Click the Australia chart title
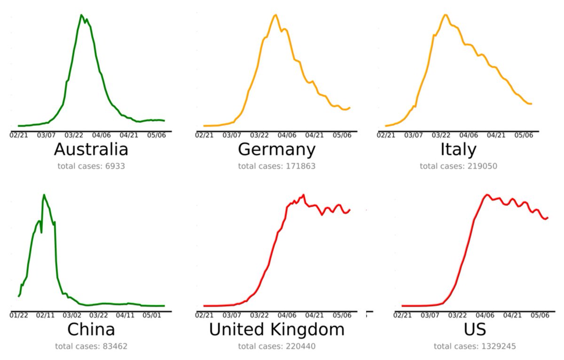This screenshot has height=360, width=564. click(91, 149)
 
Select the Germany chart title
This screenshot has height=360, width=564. click(276, 149)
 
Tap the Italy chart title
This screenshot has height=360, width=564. click(458, 149)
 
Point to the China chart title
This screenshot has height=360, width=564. click(91, 329)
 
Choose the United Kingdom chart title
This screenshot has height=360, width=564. click(276, 329)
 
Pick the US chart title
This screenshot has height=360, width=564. click(475, 329)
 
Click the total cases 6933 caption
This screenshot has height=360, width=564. click(91, 166)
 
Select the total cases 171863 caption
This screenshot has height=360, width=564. click(276, 166)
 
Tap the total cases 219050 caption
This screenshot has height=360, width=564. click(458, 166)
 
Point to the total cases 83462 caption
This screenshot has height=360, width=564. click(91, 346)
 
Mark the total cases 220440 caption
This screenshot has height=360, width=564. click(276, 346)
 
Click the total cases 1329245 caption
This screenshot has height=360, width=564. click(475, 346)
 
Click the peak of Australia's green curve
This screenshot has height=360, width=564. click(81, 15)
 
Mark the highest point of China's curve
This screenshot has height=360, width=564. click(44, 195)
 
